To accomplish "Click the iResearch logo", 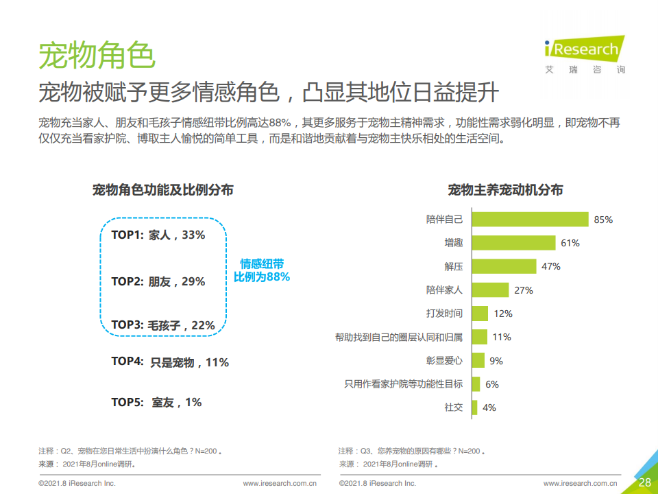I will (x=584, y=52).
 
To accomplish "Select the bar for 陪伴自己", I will (x=530, y=219).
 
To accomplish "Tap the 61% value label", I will (x=570, y=243).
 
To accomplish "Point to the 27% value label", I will (x=524, y=290).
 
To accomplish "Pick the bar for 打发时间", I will (x=480, y=314).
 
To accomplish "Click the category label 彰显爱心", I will (x=444, y=360).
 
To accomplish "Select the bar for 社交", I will (x=475, y=407).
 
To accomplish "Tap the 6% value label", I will (x=492, y=384).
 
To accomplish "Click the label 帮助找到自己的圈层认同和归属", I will (x=398, y=337).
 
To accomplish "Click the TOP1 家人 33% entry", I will (x=158, y=235).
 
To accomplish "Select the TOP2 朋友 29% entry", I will (x=158, y=281).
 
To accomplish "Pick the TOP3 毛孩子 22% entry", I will (x=163, y=325).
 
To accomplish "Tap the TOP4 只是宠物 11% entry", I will (x=170, y=362).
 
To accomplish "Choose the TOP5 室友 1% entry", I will (x=157, y=402).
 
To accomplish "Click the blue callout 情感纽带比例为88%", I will (x=262, y=270).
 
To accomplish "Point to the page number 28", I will (x=644, y=482).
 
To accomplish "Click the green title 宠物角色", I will (x=97, y=55).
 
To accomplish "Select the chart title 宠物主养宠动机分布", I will (x=505, y=190).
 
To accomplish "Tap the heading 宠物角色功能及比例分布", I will (x=162, y=190).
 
